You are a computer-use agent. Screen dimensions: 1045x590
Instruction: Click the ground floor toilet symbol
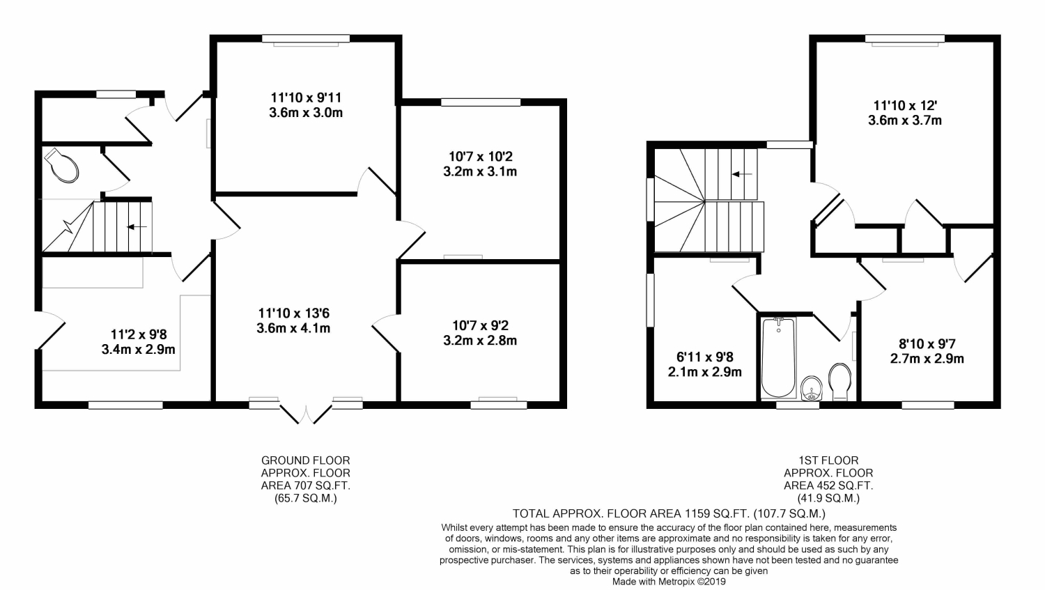pyautogui.click(x=61, y=165)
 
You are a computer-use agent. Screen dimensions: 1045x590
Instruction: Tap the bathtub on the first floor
pyautogui.click(x=778, y=358)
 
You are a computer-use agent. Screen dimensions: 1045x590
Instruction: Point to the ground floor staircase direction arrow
pyautogui.click(x=137, y=227)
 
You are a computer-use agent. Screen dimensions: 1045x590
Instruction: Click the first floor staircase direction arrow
pyautogui.click(x=742, y=174)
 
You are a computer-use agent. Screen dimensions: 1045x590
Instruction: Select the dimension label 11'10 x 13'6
pyautogui.click(x=294, y=313)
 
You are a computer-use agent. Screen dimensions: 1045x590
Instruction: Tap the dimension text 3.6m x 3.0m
pyautogui.click(x=306, y=113)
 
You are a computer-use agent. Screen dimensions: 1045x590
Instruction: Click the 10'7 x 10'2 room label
pyautogui.click(x=481, y=156)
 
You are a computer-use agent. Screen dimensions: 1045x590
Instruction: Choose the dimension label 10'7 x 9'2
pyautogui.click(x=481, y=325)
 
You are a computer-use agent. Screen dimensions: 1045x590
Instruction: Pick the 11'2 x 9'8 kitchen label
pyautogui.click(x=139, y=334)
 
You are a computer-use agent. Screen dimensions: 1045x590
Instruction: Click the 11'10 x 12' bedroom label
pyautogui.click(x=905, y=105)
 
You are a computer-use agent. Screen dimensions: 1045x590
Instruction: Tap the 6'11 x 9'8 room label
pyautogui.click(x=705, y=357)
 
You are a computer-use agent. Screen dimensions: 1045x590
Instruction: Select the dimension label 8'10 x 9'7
pyautogui.click(x=927, y=344)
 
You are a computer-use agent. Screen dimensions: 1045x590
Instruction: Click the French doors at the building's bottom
pyautogui.click(x=306, y=414)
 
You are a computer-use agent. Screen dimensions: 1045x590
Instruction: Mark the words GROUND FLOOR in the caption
pyautogui.click(x=306, y=460)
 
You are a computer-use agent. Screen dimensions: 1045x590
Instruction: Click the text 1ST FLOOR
pyautogui.click(x=828, y=460)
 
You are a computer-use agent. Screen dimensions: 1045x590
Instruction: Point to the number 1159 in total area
pyautogui.click(x=697, y=513)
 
